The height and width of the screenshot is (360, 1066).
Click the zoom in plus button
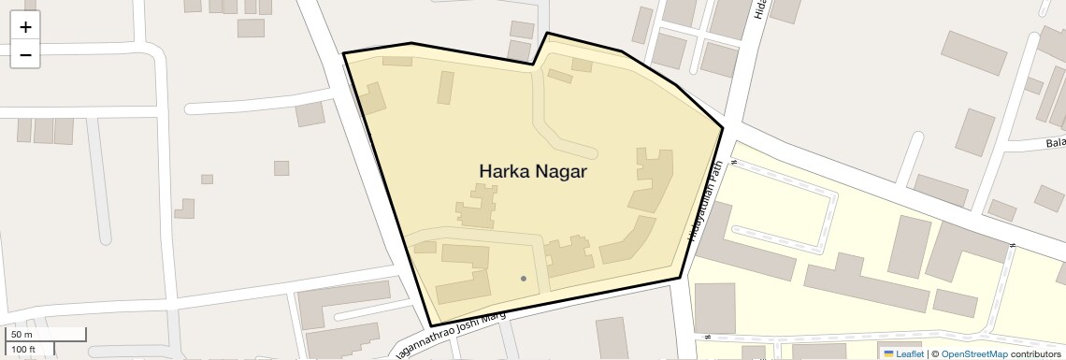[25, 27]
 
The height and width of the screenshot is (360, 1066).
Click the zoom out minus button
[25, 55]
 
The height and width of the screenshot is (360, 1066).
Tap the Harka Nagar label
[533, 171]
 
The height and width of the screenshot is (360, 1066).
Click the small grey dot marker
[524, 279]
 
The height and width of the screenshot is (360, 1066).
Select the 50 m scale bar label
[22, 334]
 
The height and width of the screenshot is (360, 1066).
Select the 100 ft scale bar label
[23, 350]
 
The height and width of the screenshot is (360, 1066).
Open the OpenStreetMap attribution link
[973, 353]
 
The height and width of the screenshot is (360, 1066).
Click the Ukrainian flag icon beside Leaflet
[888, 353]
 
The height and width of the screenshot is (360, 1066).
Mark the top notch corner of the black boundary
[547, 34]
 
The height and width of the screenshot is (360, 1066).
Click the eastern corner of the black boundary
[723, 128]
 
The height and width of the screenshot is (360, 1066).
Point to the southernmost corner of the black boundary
[431, 325]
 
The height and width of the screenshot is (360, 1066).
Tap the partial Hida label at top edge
[760, 9]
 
